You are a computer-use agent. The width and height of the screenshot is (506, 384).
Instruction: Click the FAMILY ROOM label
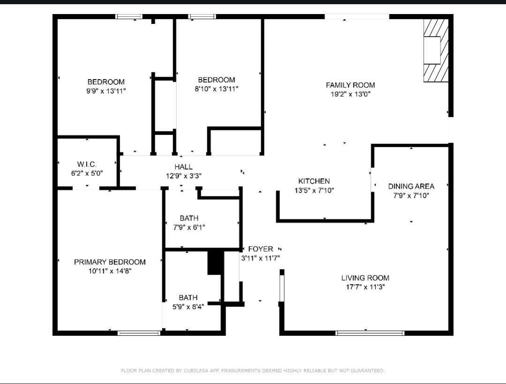tap(350, 85)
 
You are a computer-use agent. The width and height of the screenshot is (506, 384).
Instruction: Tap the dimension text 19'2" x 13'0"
tap(350, 94)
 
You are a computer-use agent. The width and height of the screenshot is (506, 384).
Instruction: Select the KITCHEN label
tap(314, 181)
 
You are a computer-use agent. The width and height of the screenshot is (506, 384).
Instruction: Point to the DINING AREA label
tap(411, 186)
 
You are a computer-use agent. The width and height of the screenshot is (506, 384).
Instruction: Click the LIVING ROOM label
tap(365, 278)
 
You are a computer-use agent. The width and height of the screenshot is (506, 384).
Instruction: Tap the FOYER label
tap(261, 249)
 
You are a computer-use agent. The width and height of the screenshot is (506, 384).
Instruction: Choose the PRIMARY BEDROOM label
tap(110, 262)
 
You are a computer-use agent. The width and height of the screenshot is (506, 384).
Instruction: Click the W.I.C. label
tap(87, 164)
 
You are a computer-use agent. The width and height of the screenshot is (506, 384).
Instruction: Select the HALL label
tap(184, 167)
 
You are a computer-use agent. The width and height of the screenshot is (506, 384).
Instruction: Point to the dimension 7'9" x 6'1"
tap(189, 227)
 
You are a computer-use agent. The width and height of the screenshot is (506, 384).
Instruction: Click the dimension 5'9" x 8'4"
tap(188, 307)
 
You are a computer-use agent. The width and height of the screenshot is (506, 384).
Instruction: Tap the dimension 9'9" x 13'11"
tap(106, 91)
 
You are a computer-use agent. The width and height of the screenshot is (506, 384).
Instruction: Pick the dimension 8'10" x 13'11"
tap(216, 89)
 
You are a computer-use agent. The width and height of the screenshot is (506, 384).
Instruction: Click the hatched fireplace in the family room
tap(436, 50)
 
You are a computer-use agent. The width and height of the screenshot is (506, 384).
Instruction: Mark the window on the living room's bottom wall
tap(370, 333)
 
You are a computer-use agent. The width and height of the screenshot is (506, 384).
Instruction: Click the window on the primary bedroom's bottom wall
tap(139, 333)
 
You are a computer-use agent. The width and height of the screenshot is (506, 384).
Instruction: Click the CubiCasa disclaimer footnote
tap(253, 371)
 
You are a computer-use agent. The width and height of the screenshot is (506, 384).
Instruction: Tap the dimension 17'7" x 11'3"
tap(365, 287)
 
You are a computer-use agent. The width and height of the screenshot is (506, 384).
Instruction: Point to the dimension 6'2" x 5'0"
tap(87, 173)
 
